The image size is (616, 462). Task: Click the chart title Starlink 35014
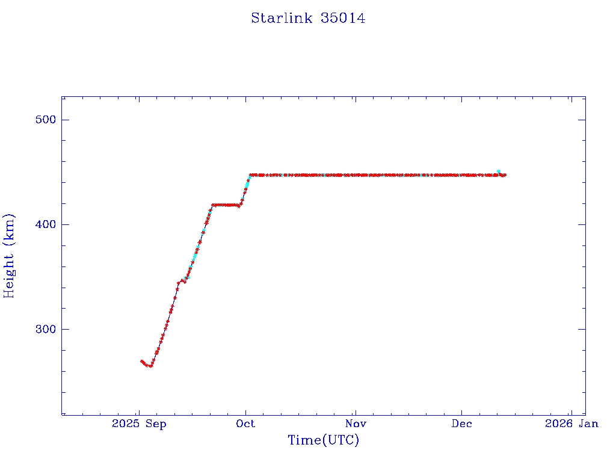[308, 18]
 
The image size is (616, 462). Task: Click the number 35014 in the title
[343, 18]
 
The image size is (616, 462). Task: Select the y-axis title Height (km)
[9, 256]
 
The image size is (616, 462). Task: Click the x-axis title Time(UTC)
[323, 440]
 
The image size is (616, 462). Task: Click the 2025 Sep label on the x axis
[139, 423]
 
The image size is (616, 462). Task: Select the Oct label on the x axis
[245, 423]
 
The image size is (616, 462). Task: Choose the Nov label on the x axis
[356, 423]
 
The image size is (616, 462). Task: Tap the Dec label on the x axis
[461, 423]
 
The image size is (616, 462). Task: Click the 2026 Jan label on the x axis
[571, 423]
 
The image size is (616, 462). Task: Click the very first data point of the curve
[141, 361]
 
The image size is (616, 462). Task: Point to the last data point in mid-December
[505, 175]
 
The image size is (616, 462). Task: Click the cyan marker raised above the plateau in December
[499, 171]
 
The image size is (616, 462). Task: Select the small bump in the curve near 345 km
[180, 280]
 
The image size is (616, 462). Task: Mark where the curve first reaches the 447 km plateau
[251, 175]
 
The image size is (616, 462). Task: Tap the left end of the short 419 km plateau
[213, 205]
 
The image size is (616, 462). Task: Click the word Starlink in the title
[282, 18]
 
